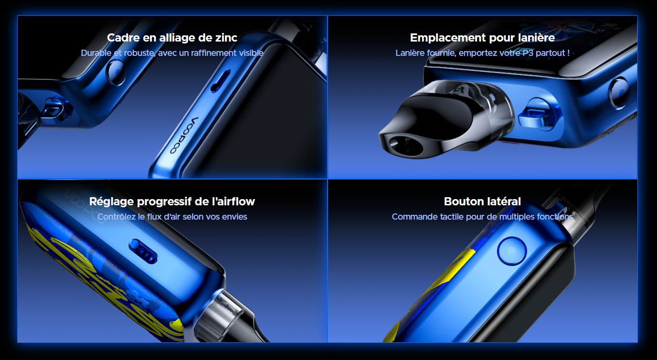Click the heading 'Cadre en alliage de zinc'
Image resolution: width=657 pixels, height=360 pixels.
tap(172, 38)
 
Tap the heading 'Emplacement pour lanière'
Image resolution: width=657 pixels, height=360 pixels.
tap(482, 38)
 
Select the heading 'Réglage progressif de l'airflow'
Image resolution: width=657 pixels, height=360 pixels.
tap(172, 201)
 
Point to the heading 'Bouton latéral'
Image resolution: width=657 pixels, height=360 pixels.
tap(482, 201)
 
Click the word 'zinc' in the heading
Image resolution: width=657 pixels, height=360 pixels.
tap(226, 38)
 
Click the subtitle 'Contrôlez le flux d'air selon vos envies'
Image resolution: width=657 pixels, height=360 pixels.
tap(172, 217)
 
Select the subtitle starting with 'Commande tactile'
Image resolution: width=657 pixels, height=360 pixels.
tap(482, 217)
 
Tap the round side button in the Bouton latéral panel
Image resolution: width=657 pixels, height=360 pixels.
tap(512, 251)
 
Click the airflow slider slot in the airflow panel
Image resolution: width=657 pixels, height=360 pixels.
tap(143, 251)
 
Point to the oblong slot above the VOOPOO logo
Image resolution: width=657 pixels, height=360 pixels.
tap(221, 81)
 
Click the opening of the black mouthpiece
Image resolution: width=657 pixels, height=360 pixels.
tap(406, 145)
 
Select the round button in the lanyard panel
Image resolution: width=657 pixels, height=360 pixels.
tap(619, 93)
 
